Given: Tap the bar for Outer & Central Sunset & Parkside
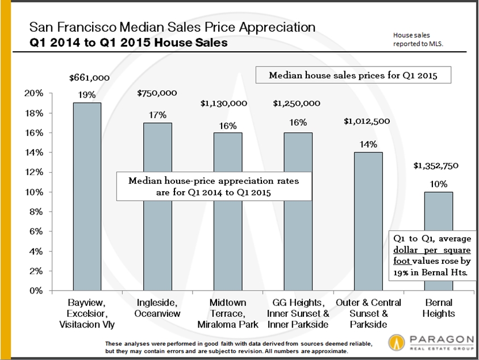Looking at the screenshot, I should tap(368, 222).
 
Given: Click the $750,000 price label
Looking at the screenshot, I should tap(157, 93).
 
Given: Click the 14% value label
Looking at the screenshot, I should tap(368, 144).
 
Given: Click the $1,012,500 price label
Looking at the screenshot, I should tap(368, 120).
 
